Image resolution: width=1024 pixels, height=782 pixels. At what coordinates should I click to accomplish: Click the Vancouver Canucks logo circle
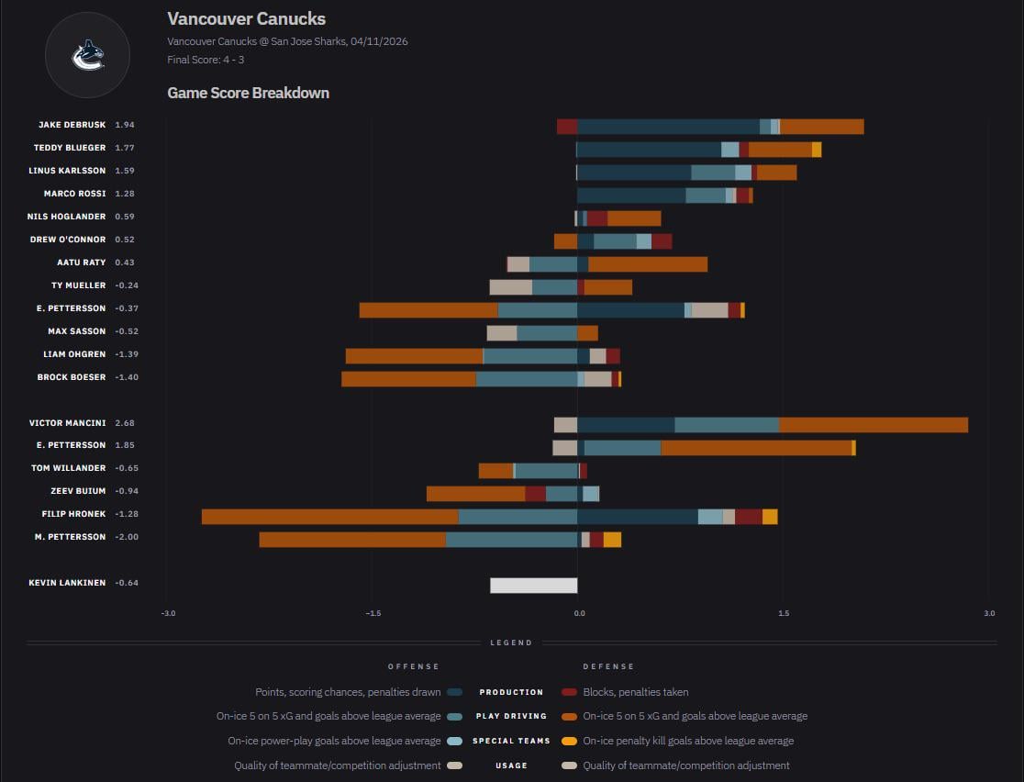click(x=88, y=55)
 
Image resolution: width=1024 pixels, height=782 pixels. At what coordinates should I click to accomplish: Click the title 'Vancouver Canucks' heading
click(x=246, y=18)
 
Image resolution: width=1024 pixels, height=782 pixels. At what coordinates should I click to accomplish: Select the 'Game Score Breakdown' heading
click(x=248, y=93)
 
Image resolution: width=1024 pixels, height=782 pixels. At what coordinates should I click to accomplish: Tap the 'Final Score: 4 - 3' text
click(x=206, y=60)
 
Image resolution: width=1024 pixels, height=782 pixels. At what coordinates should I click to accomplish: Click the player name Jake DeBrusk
click(x=72, y=125)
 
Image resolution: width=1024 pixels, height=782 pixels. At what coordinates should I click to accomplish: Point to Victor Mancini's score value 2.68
click(x=125, y=423)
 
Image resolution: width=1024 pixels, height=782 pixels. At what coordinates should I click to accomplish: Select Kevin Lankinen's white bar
click(x=533, y=586)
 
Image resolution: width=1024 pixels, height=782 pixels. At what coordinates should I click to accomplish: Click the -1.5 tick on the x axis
click(x=373, y=613)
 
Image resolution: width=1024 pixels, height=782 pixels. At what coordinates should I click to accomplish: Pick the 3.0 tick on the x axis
click(x=988, y=613)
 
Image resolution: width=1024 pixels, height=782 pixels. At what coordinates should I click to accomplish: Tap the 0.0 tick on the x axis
click(x=579, y=613)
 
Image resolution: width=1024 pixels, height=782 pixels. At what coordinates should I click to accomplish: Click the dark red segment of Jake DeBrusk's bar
click(x=566, y=127)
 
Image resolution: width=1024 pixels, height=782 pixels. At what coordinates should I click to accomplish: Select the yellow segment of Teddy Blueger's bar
click(x=817, y=150)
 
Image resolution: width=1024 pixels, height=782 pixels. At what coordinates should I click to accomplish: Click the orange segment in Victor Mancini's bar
click(x=873, y=425)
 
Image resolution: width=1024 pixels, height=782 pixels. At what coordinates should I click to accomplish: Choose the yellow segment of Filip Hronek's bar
click(x=770, y=517)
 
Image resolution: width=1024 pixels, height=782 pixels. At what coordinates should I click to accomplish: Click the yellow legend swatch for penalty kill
click(x=569, y=741)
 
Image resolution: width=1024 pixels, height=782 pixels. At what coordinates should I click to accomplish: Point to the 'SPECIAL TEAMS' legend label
click(x=511, y=741)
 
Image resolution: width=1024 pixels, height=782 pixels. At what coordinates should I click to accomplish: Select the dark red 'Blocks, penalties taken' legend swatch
click(x=569, y=692)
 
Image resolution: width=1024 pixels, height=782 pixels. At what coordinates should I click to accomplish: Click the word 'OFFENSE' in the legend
click(x=413, y=666)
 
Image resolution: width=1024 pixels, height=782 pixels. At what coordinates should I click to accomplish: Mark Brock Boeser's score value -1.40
click(x=125, y=377)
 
